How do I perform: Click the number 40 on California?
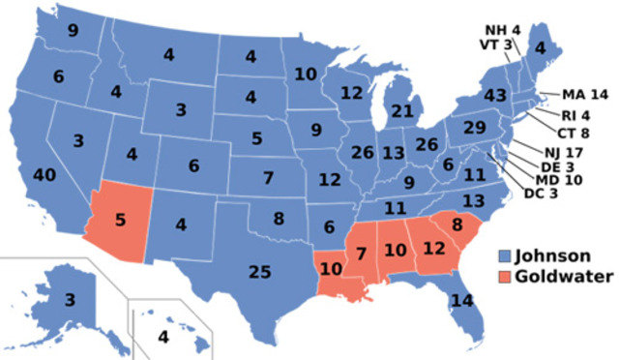click(44, 176)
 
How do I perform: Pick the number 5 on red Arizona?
click(120, 218)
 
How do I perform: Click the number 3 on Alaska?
click(71, 299)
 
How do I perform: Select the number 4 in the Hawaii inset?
click(162, 338)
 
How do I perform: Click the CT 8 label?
click(572, 134)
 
